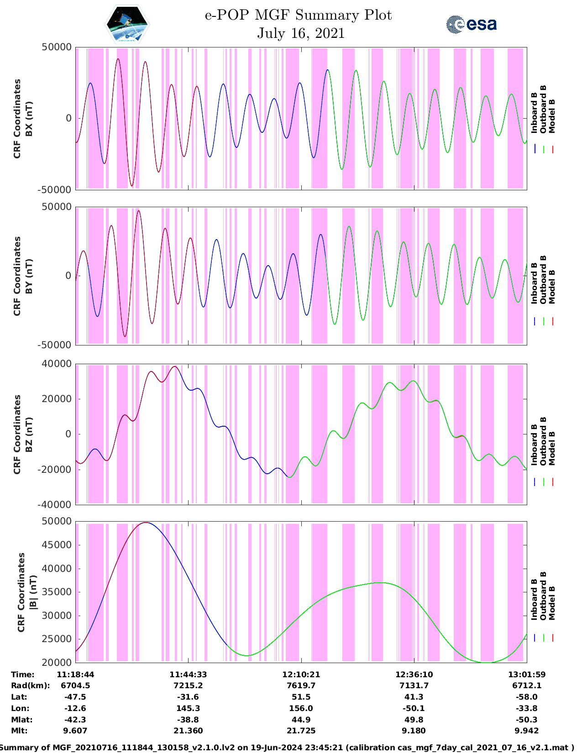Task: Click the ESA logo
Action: [x=472, y=24]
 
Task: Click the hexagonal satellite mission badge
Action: [x=127, y=24]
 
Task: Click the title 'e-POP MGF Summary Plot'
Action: [x=298, y=15]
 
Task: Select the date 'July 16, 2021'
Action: [x=300, y=33]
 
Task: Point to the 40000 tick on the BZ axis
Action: [x=57, y=364]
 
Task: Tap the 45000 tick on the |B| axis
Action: [x=57, y=545]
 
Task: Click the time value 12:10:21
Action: [x=301, y=675]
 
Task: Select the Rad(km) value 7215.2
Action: [x=188, y=685]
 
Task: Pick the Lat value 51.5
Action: [x=301, y=697]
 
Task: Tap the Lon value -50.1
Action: [x=414, y=708]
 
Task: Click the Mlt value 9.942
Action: [x=526, y=731]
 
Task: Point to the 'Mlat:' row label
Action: [x=21, y=720]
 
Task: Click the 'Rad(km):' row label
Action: [x=31, y=685]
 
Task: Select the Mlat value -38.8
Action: [x=188, y=720]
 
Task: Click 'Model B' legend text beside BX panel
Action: [x=552, y=116]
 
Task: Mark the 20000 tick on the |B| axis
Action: [x=57, y=662]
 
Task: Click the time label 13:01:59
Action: [x=527, y=675]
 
